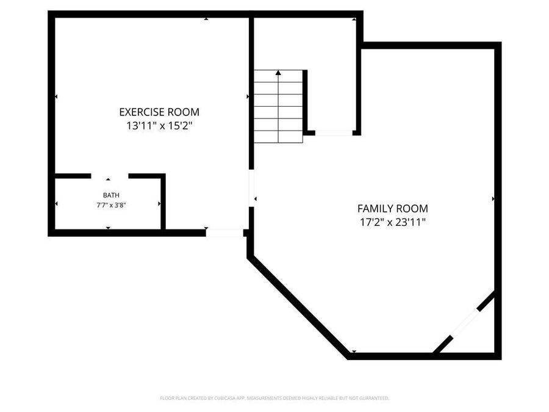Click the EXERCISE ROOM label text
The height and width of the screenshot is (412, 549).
(x=159, y=112)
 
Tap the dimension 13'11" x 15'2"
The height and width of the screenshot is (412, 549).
(x=159, y=126)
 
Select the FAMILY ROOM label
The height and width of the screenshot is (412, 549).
(x=392, y=208)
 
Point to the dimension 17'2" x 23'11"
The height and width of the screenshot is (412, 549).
(x=392, y=222)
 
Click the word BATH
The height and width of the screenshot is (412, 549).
(x=111, y=195)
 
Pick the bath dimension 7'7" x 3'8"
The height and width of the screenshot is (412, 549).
(x=111, y=205)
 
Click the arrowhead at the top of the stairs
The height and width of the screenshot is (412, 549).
(x=278, y=73)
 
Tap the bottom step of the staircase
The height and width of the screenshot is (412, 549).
(x=278, y=137)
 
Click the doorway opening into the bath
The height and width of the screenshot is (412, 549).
(x=110, y=176)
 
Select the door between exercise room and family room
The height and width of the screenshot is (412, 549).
(x=251, y=188)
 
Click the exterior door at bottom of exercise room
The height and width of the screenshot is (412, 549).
(x=224, y=233)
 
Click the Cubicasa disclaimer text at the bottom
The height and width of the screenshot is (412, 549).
(x=274, y=398)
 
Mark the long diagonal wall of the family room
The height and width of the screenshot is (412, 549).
(x=299, y=307)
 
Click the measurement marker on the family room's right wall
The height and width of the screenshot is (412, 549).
(x=493, y=198)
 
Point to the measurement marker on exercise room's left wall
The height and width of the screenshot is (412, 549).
(x=56, y=96)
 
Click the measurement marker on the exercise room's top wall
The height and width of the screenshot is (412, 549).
(x=206, y=19)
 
